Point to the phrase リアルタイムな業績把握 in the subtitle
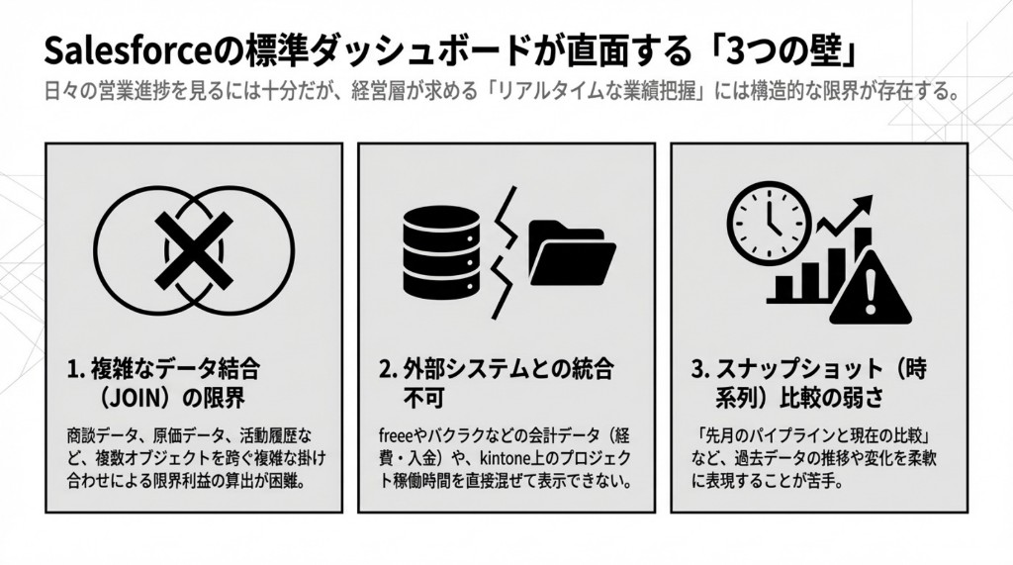573,94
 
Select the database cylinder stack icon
441,245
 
